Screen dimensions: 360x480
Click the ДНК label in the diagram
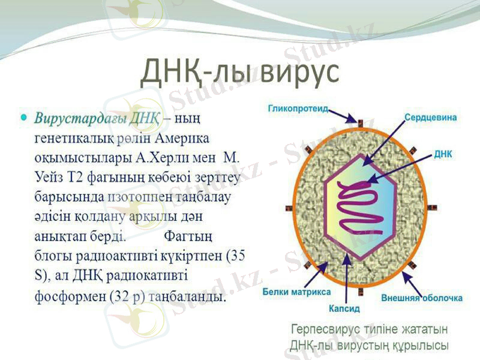(x=443, y=154)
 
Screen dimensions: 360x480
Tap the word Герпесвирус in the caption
(x=325, y=330)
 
